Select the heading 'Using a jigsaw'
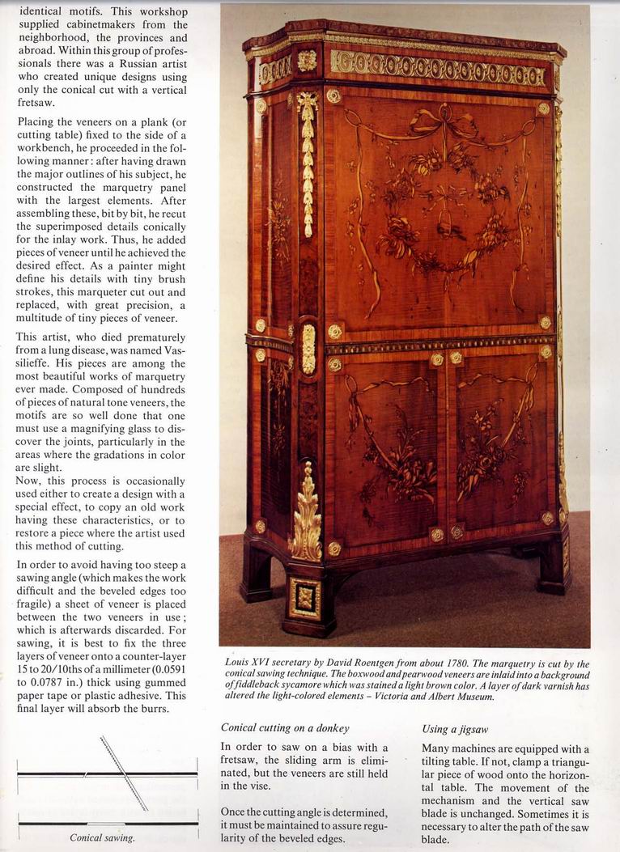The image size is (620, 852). pyautogui.click(x=455, y=728)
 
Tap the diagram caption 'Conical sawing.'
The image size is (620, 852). pyautogui.click(x=102, y=837)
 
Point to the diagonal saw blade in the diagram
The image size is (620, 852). pyautogui.click(x=124, y=773)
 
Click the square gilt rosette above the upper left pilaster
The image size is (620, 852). pyautogui.click(x=307, y=61)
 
